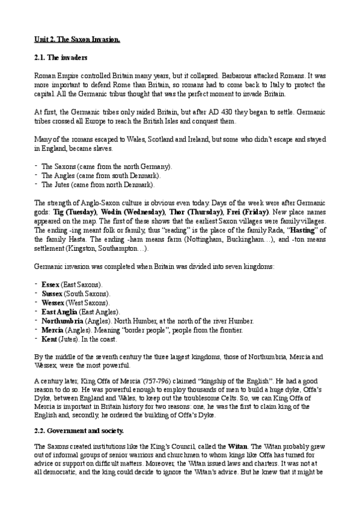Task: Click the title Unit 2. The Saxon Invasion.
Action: [x=78, y=40]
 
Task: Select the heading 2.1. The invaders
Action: [x=61, y=58]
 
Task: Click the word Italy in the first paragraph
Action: [x=277, y=86]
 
